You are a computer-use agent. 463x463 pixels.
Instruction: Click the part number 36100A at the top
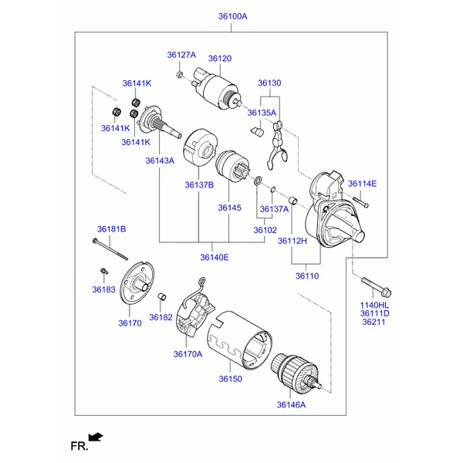(x=231, y=16)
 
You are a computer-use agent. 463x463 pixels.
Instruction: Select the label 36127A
(x=182, y=55)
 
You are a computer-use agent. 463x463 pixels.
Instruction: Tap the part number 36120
(x=220, y=59)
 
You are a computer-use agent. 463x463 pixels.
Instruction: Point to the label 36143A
(x=160, y=161)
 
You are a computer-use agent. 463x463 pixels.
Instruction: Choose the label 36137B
(x=199, y=184)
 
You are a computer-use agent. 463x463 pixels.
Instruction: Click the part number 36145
(x=229, y=208)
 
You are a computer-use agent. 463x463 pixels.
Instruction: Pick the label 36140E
(x=215, y=257)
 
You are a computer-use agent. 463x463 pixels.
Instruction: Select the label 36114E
(x=362, y=183)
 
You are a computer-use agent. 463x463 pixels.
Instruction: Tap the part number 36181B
(x=111, y=229)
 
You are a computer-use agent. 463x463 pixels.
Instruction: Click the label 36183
(x=103, y=289)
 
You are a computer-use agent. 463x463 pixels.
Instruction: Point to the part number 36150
(x=230, y=379)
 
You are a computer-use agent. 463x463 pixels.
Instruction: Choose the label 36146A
(x=291, y=404)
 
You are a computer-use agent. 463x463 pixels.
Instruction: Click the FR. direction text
(x=79, y=446)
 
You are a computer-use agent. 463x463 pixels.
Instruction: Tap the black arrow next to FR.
(x=96, y=437)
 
